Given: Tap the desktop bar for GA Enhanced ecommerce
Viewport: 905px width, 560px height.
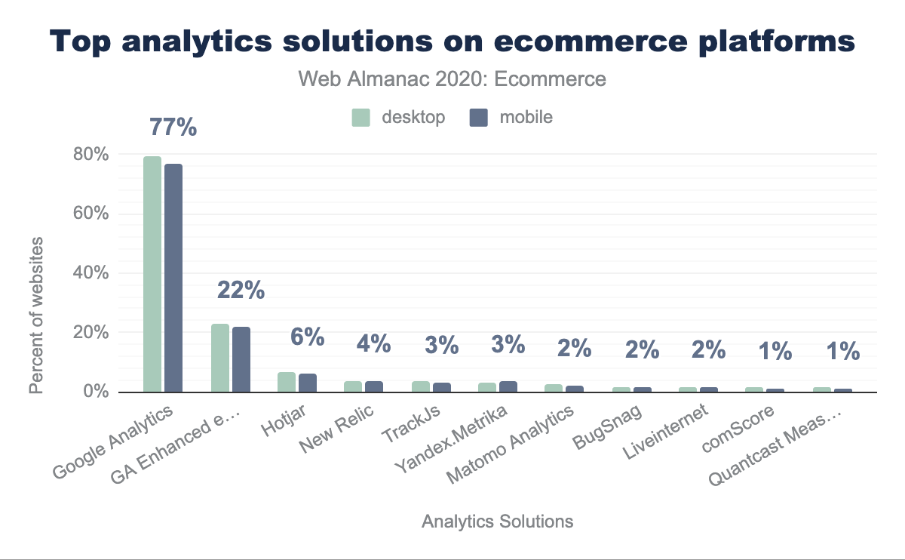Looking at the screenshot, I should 219,358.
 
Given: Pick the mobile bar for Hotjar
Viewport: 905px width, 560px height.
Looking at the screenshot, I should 308,383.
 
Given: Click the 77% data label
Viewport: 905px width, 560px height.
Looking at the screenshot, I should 173,128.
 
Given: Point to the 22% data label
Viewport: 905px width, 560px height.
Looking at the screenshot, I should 241,290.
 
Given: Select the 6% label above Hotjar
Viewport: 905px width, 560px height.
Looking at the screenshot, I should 308,337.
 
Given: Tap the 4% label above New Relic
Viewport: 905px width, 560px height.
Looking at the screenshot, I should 373,345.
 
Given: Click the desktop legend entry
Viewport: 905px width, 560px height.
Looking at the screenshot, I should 398,117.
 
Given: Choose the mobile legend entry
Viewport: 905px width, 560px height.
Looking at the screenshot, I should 511,117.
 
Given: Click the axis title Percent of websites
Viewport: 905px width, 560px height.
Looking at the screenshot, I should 36,315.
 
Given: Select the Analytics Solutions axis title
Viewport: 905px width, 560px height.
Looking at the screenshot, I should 497,522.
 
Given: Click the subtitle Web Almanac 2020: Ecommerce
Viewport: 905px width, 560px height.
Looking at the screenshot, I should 452,78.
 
